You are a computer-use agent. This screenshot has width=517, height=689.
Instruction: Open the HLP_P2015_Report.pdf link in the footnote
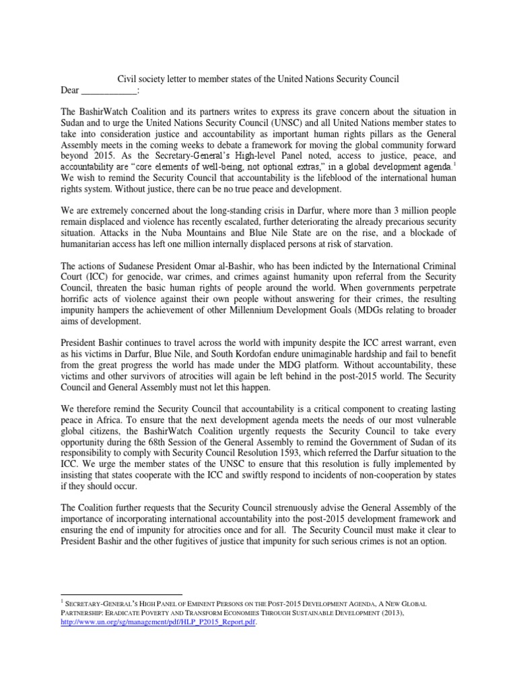[158, 622]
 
